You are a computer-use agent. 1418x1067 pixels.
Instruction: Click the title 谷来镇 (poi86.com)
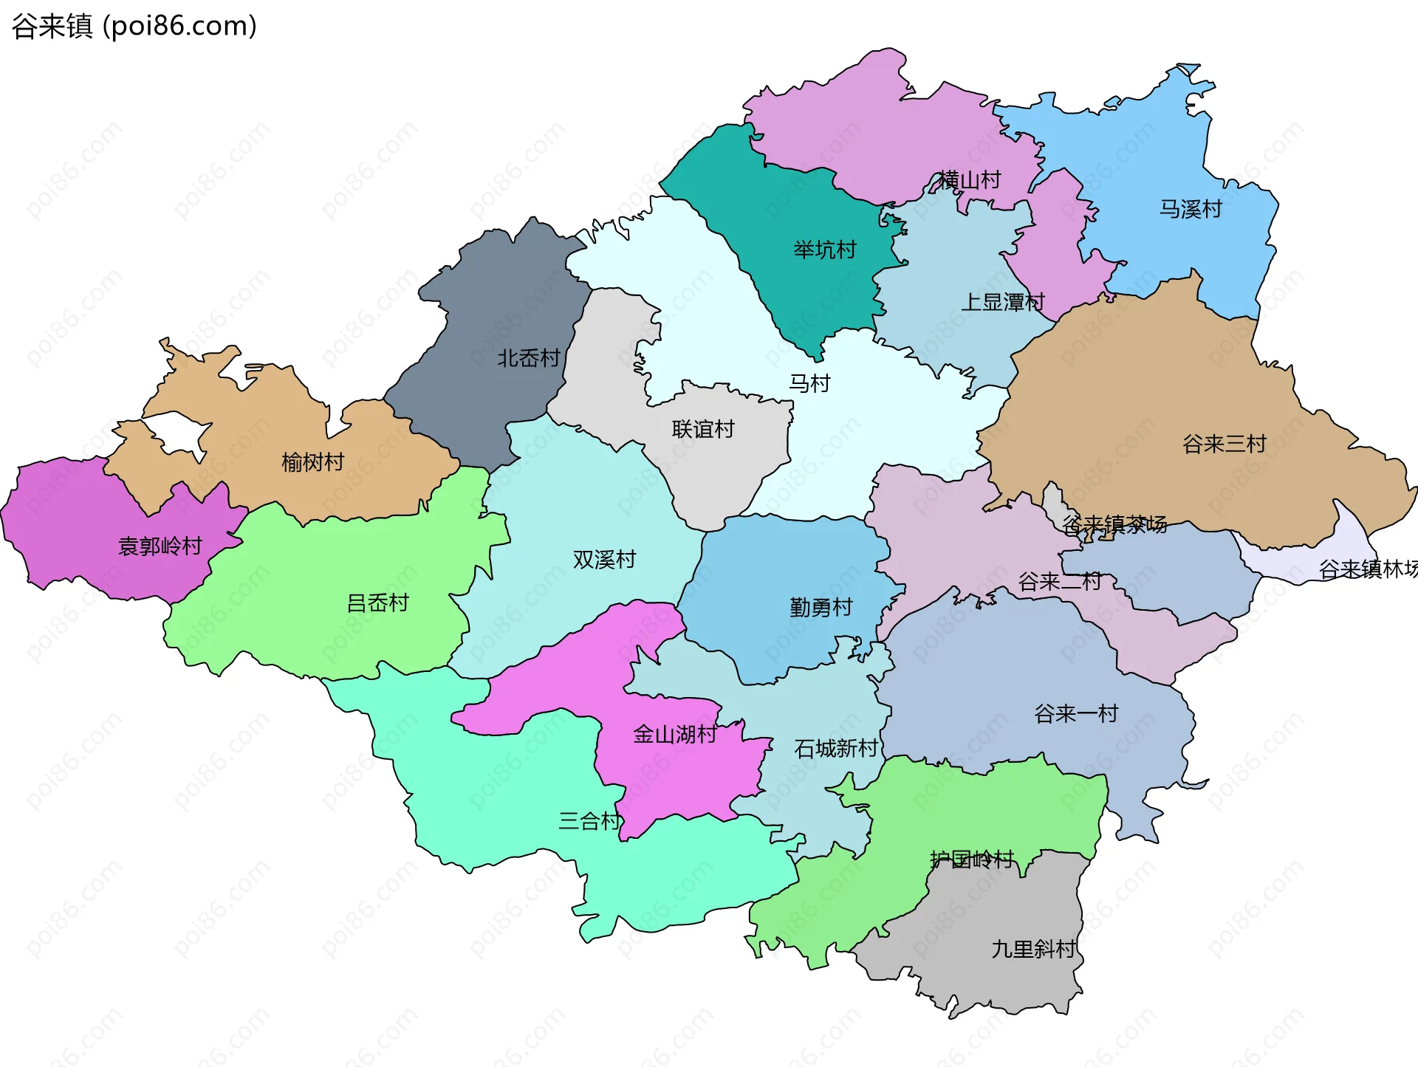[134, 26]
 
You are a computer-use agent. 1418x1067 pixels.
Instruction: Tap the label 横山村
[969, 179]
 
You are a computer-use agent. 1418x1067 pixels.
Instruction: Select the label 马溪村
[1190, 209]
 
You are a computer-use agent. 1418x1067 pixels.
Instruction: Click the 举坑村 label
[824, 250]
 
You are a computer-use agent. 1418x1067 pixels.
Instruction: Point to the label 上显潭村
[1002, 301]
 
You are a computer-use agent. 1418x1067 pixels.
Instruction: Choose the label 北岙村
[528, 358]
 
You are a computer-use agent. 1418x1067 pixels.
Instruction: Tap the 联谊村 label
[702, 429]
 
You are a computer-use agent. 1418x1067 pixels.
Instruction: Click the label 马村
[809, 383]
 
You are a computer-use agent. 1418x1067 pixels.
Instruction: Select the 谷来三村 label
[1224, 444]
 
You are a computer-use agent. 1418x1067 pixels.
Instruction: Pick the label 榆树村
[312, 462]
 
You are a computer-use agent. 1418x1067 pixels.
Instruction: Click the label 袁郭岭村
[160, 546]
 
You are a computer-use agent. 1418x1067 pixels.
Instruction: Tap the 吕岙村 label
[377, 603]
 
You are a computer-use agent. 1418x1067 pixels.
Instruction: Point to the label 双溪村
[603, 559]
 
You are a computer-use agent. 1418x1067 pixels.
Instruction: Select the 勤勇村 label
[821, 607]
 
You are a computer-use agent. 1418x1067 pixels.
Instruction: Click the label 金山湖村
[674, 734]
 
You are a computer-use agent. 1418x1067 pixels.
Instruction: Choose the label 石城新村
[835, 748]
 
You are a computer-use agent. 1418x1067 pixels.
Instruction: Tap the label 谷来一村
[1075, 713]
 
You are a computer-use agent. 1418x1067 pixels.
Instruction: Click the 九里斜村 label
[1032, 948]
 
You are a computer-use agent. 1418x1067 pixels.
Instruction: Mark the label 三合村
[589, 820]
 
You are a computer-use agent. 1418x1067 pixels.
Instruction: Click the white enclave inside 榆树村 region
[177, 432]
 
